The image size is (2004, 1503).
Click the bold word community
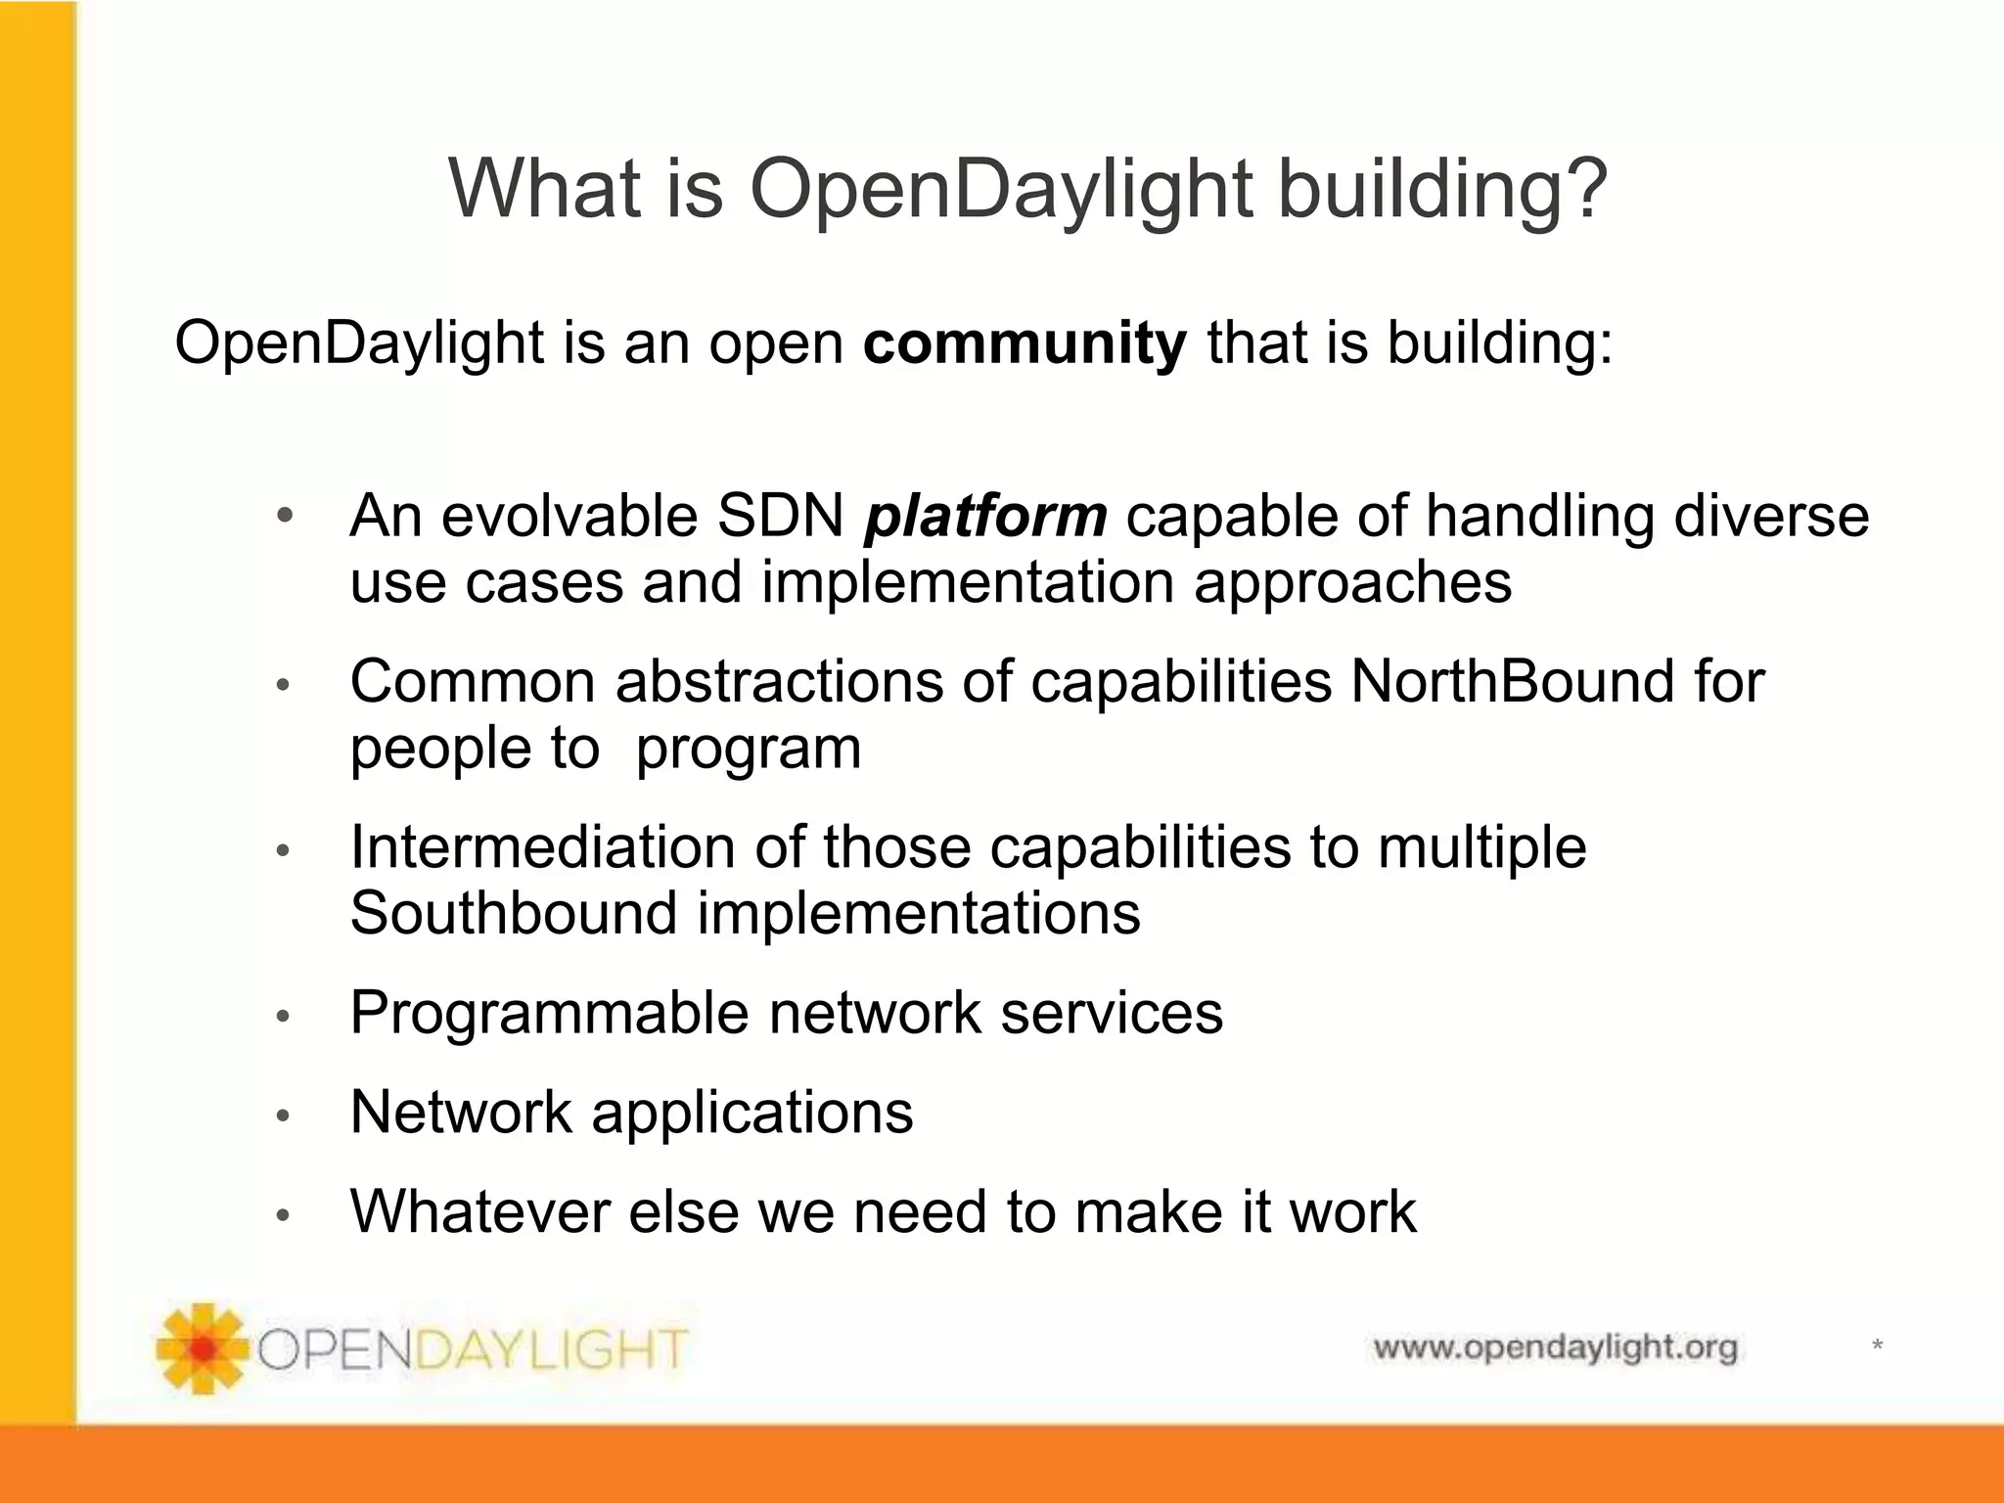tap(1024, 343)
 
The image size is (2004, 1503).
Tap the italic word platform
tap(984, 516)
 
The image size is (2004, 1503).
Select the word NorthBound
tap(1512, 681)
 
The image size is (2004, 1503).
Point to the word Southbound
tap(513, 913)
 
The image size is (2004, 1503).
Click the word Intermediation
tap(542, 846)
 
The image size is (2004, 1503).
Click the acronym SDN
tap(780, 516)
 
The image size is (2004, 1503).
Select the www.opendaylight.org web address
tap(1555, 1348)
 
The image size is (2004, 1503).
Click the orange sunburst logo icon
tap(202, 1347)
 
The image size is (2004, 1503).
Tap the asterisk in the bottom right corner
tap(1877, 1346)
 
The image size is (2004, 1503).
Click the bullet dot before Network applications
tap(283, 1116)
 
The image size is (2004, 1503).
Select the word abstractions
tap(779, 681)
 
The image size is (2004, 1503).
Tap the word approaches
tap(1352, 583)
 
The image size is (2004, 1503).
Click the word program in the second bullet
tap(749, 749)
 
